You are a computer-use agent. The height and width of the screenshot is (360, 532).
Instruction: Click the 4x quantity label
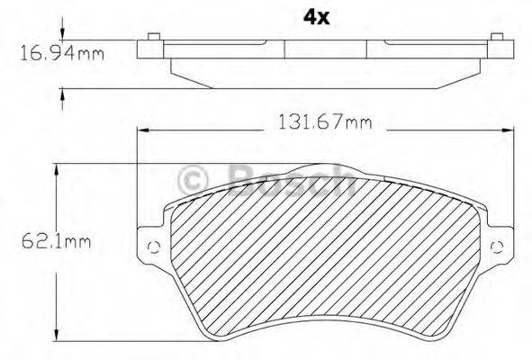pos(316,17)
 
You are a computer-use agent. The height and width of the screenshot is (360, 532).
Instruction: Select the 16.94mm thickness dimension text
pos(62,53)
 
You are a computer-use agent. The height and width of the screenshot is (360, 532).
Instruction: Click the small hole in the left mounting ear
pos(152,248)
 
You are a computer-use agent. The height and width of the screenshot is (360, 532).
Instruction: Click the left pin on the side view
pos(153,37)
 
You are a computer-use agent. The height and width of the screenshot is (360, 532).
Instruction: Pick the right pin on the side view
pos(495,37)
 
